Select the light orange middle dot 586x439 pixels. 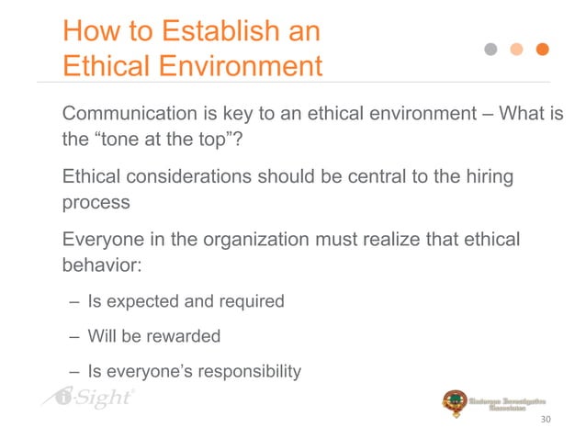517,50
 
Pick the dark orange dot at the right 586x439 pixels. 543,50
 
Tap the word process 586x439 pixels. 96,204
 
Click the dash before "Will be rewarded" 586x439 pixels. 73,336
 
